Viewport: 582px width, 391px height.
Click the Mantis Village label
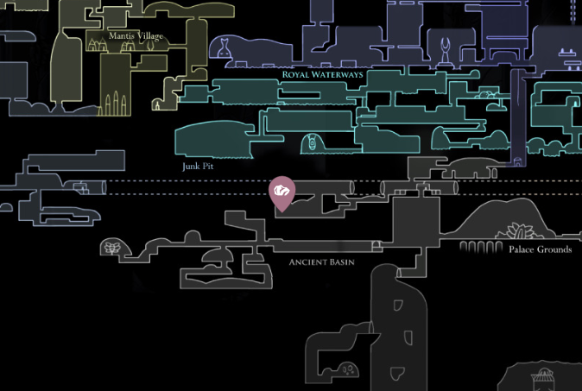[x=136, y=35]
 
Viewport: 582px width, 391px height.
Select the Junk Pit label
[x=198, y=166]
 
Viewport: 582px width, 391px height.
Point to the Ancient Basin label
[x=322, y=262]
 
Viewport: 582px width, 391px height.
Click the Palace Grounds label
[x=540, y=249]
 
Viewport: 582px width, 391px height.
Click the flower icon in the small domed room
[x=111, y=248]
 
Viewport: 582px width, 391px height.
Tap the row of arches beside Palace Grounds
[x=475, y=248]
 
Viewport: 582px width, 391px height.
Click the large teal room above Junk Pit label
[x=212, y=138]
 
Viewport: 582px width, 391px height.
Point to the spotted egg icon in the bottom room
[x=347, y=369]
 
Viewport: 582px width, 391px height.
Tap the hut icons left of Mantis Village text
[x=97, y=44]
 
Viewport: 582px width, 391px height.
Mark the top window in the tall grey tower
[x=398, y=305]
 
